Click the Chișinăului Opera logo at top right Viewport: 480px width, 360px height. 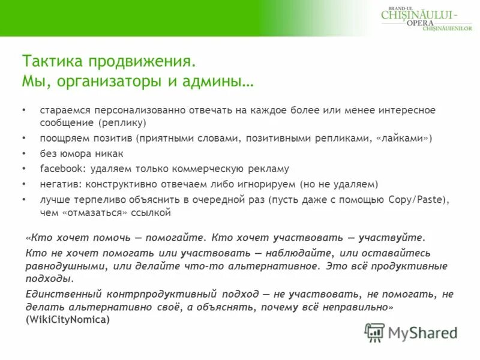click(427, 17)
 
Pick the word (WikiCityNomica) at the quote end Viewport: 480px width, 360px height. click(68, 320)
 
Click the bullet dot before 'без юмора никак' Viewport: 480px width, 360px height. click(24, 154)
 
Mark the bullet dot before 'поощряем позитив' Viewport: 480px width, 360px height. click(24, 138)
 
